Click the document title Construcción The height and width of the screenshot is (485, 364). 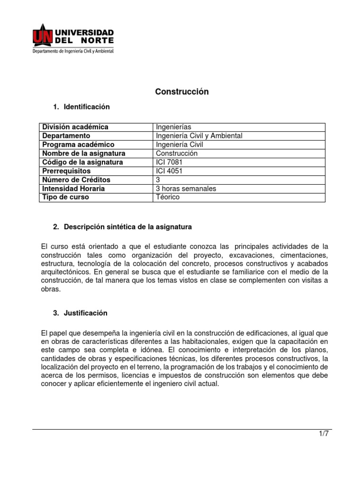pyautogui.click(x=182, y=92)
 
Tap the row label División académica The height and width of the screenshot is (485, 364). pyautogui.click(x=75, y=127)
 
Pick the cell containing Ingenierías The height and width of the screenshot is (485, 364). pyautogui.click(x=173, y=127)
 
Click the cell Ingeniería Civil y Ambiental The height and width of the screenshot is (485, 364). pyautogui.click(x=199, y=136)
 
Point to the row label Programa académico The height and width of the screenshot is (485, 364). pyautogui.click(x=78, y=144)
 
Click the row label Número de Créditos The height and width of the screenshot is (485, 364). pyautogui.click(x=76, y=180)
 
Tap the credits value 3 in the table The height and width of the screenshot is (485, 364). pyautogui.click(x=158, y=180)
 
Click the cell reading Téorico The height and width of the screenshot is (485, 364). pyautogui.click(x=168, y=197)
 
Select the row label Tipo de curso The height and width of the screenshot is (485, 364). pyautogui.click(x=65, y=197)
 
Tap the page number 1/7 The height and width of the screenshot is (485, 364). pyautogui.click(x=323, y=434)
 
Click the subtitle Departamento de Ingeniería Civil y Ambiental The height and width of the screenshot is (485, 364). pyautogui.click(x=73, y=51)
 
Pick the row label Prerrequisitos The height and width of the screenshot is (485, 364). pyautogui.click(x=66, y=171)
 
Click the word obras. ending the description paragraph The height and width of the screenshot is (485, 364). pyautogui.click(x=52, y=289)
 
